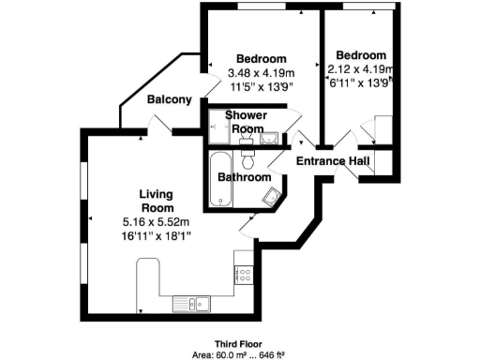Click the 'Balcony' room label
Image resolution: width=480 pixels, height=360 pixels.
tap(170, 99)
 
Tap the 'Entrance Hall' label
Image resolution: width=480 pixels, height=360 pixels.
tap(332, 161)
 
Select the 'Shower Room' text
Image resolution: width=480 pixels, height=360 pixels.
tap(245, 122)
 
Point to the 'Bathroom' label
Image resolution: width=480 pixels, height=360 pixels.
tap(245, 177)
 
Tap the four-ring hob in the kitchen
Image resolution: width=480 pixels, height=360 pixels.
tap(246, 276)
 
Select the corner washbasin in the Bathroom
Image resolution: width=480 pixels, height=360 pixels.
tap(272, 195)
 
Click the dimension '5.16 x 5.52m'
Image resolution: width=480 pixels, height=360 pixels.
tap(156, 221)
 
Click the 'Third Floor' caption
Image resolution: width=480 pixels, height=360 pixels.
tap(238, 343)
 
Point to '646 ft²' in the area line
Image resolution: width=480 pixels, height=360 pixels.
tap(268, 354)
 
